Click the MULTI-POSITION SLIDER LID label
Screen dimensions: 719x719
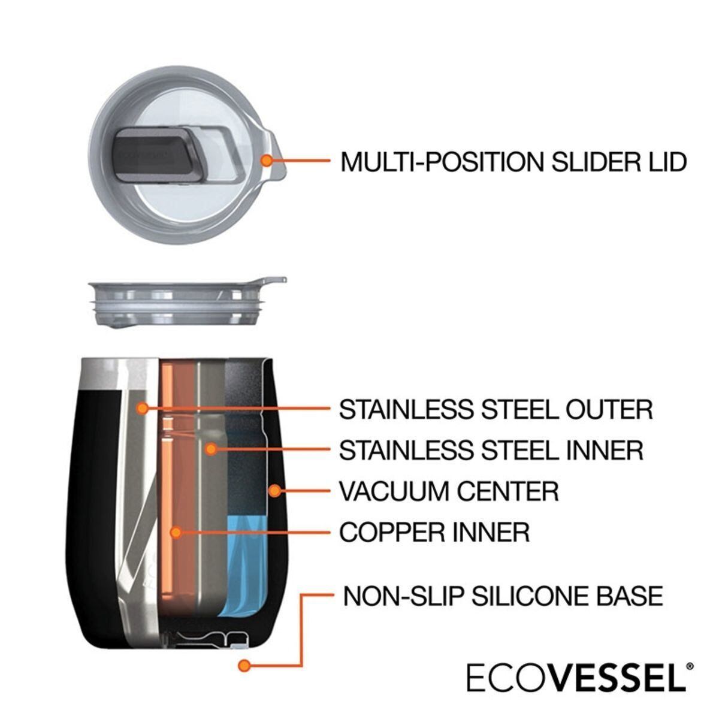coord(513,162)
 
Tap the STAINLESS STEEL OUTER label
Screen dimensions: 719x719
coord(496,409)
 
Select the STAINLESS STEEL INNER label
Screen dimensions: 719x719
coord(491,449)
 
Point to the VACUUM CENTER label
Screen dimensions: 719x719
coord(449,491)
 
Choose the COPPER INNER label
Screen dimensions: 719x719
coord(434,532)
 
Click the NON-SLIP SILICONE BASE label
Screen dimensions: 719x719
coord(503,596)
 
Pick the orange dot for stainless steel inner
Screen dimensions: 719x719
coord(210,448)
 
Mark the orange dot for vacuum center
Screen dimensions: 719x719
coord(274,491)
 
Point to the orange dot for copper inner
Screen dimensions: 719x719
coord(176,531)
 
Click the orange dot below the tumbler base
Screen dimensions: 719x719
coord(243,666)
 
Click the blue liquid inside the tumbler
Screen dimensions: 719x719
coord(241,563)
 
